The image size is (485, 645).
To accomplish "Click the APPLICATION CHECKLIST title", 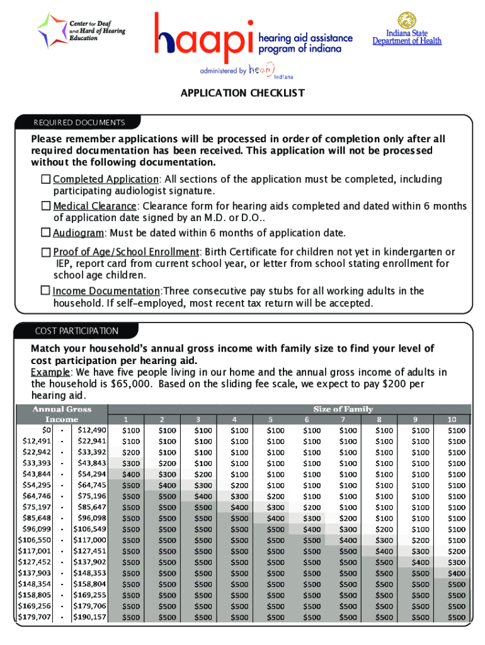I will pyautogui.click(x=243, y=93).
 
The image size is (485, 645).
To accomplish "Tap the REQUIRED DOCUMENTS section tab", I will pyautogui.click(x=79, y=123).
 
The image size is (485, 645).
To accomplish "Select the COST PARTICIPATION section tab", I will pyautogui.click(x=76, y=331).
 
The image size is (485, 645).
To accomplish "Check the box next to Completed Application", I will pyautogui.click(x=45, y=180).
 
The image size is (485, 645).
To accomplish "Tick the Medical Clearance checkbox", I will pyautogui.click(x=45, y=206).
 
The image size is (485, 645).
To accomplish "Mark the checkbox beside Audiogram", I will pyautogui.click(x=45, y=232).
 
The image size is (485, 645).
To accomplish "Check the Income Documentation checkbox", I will pyautogui.click(x=45, y=291).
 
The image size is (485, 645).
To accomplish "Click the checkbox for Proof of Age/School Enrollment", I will pyautogui.click(x=45, y=252).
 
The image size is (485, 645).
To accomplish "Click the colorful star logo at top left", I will pyautogui.click(x=51, y=30).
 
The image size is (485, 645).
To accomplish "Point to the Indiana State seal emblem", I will pyautogui.click(x=406, y=21).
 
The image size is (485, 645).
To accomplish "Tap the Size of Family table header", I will pyautogui.click(x=343, y=409).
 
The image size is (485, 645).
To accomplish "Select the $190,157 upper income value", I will pyautogui.click(x=90, y=617).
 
